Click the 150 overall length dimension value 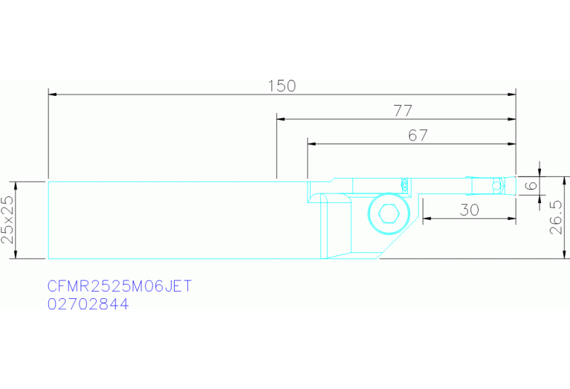(x=282, y=86)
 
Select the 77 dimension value (x=403, y=111)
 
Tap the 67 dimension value (x=418, y=135)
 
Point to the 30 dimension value (x=470, y=210)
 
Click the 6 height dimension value (x=531, y=186)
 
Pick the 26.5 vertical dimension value (x=556, y=217)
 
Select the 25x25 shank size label (x=7, y=220)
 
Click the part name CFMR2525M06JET (x=119, y=286)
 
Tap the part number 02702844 (x=88, y=304)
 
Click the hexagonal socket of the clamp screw (x=389, y=213)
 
